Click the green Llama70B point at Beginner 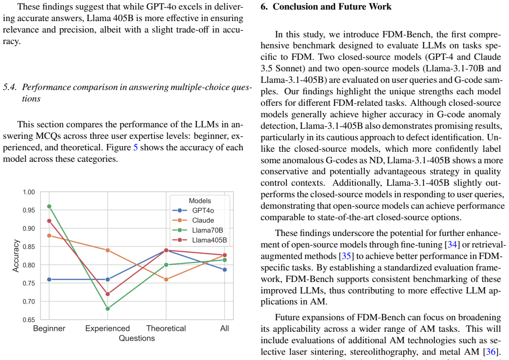pos(49,206)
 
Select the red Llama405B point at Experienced pos(108,294)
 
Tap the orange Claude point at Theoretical pos(166,280)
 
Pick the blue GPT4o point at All pos(225,270)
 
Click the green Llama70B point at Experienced pos(108,309)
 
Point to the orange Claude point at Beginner pos(49,236)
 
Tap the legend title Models pos(200,201)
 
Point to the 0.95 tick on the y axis pos(29,210)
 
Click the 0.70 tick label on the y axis pos(29,302)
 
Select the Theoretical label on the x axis pos(166,328)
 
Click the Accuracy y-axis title pos(16,256)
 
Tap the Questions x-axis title pos(136,338)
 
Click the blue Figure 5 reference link pos(136,147)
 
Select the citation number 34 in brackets pos(452,245)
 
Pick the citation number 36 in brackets pos(491,352)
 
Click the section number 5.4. pos(10,87)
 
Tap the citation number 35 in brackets pos(346,256)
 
